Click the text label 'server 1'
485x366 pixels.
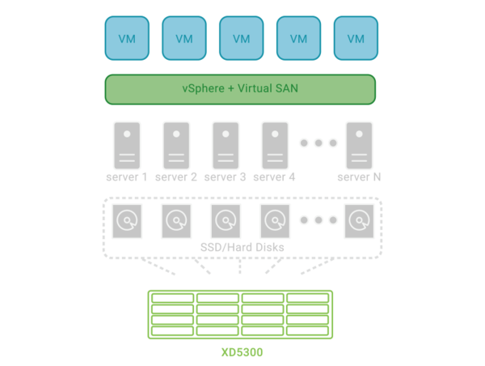click(x=126, y=177)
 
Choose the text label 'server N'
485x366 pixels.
click(x=359, y=177)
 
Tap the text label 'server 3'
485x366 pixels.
click(x=225, y=177)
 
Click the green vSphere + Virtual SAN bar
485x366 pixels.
click(x=240, y=89)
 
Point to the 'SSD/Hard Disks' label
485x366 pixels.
click(x=240, y=246)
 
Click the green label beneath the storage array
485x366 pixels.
click(x=241, y=354)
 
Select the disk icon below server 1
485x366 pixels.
click(x=126, y=219)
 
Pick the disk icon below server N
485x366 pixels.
click(x=358, y=219)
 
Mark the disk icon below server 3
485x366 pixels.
click(x=225, y=219)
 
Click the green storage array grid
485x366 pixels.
click(x=240, y=314)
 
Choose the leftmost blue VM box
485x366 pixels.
click(x=126, y=38)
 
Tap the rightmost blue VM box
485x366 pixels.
click(x=356, y=38)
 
